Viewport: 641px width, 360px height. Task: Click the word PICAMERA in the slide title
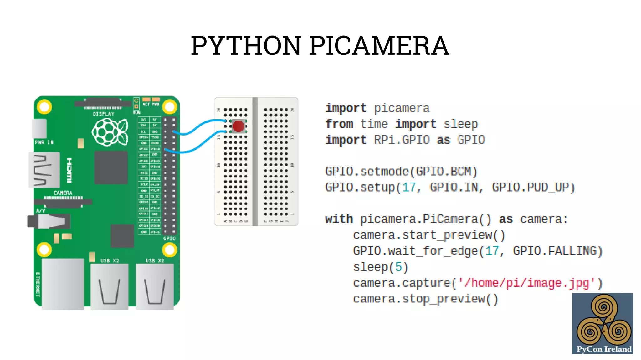[379, 46]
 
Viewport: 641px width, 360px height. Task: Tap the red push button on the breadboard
[238, 126]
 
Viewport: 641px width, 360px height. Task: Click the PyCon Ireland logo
[603, 323]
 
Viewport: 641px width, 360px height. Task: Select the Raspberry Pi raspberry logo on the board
[110, 132]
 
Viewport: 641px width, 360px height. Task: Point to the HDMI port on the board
[44, 170]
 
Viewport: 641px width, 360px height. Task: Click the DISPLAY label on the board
[103, 114]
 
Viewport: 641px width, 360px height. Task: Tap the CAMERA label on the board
[63, 193]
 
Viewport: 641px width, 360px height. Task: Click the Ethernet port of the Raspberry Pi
[63, 283]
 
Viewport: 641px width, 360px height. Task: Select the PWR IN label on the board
[44, 142]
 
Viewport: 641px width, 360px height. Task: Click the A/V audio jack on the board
[49, 222]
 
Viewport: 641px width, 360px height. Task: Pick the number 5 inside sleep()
[398, 267]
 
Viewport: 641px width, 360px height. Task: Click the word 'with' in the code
[339, 219]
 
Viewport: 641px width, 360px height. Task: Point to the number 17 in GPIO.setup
[409, 187]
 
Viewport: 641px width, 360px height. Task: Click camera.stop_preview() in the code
[425, 299]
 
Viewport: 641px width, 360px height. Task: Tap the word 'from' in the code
[339, 124]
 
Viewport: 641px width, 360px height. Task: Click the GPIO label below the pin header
[169, 239]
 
